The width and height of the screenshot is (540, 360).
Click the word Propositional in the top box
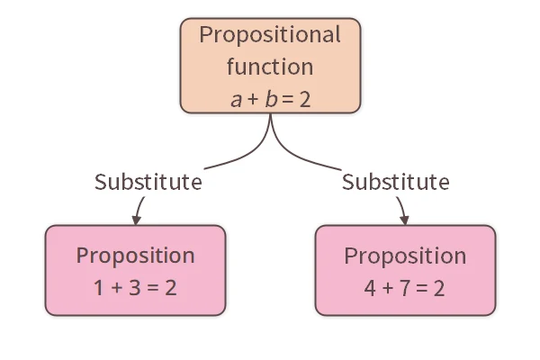click(270, 36)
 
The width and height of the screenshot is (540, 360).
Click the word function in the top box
click(270, 67)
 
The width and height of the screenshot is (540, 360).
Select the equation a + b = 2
click(270, 98)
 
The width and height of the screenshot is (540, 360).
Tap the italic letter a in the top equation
click(236, 99)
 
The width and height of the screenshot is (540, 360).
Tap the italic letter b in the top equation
click(270, 98)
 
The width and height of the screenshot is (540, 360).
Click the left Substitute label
click(148, 182)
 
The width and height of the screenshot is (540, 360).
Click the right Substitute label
click(395, 182)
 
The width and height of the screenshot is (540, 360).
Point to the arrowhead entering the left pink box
click(137, 219)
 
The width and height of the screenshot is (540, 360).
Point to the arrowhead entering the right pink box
click(404, 219)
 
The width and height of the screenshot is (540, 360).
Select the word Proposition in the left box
click(135, 256)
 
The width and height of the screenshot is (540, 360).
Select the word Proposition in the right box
click(405, 256)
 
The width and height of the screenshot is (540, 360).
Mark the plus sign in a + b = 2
click(253, 99)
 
